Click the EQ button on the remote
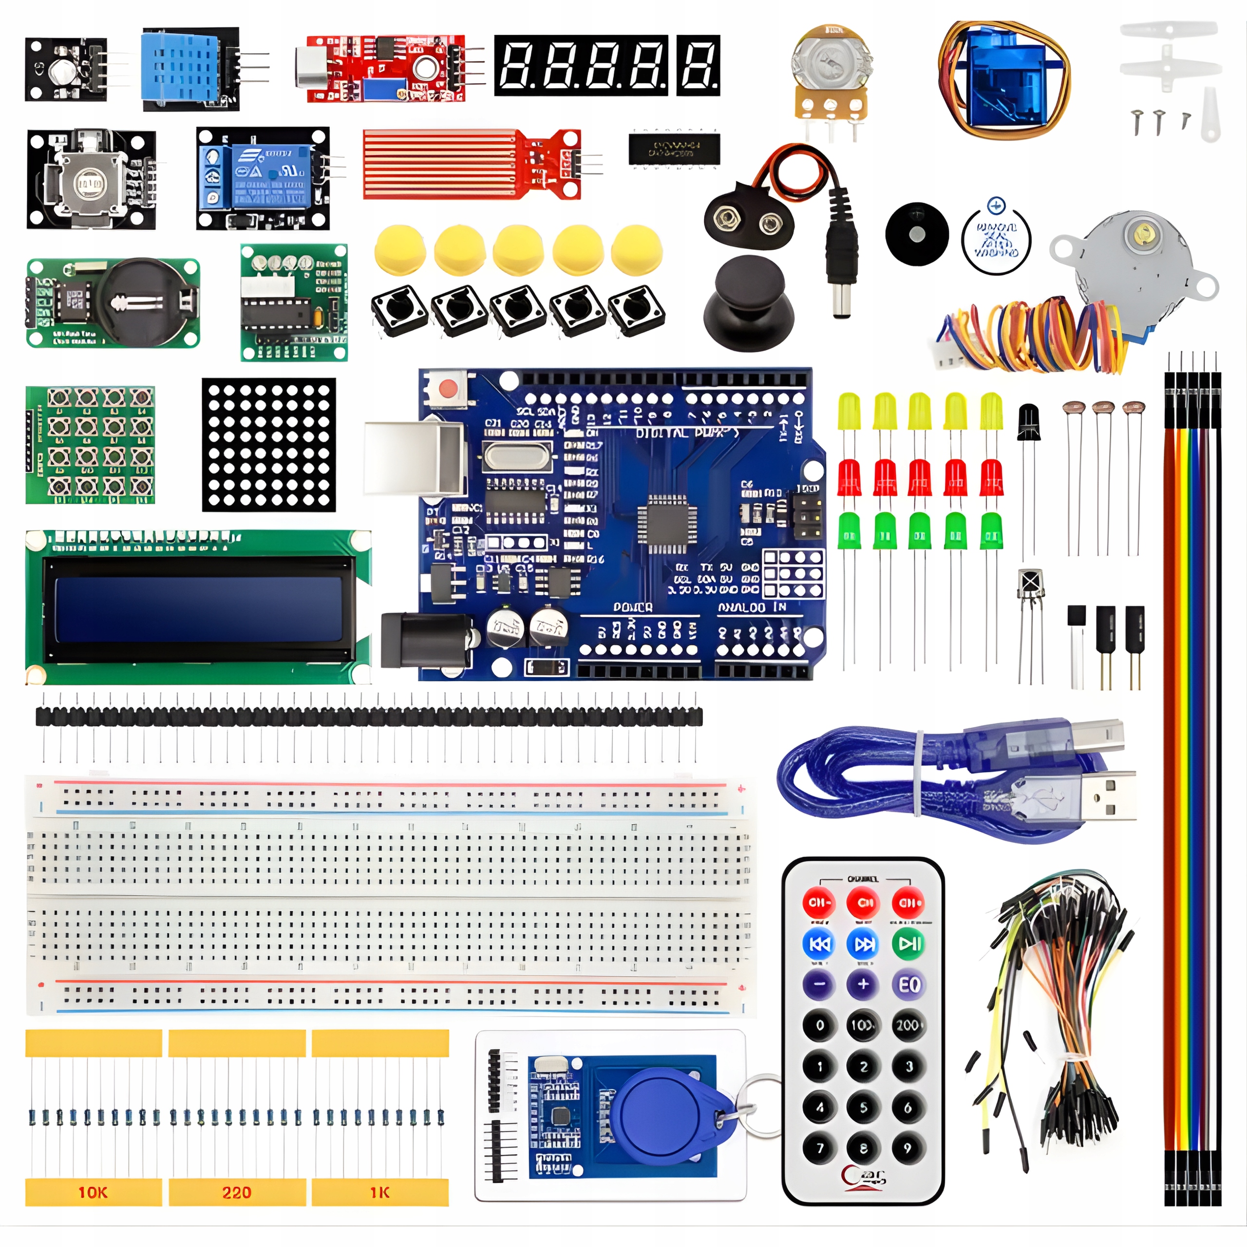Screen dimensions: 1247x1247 point(909,985)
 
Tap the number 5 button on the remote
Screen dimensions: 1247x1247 point(864,1108)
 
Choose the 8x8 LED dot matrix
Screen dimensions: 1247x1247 point(268,445)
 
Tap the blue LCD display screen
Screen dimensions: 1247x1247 point(198,609)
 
